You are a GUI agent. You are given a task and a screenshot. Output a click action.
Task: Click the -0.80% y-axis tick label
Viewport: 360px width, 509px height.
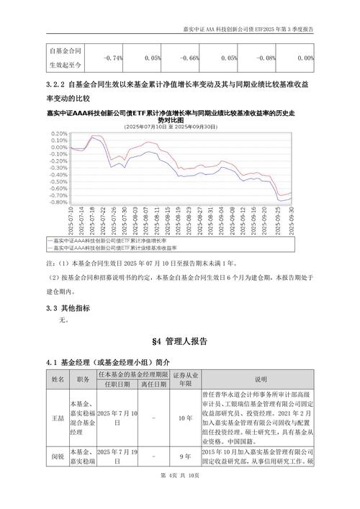click(58, 202)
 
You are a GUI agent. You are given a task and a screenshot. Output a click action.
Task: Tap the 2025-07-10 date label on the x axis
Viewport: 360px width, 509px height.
click(72, 218)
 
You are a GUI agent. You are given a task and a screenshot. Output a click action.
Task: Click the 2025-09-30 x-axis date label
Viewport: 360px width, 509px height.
click(292, 218)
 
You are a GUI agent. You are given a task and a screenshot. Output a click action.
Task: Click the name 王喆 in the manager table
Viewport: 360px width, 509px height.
click(58, 417)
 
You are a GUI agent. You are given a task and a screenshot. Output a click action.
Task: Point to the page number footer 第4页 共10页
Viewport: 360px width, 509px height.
click(180, 495)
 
